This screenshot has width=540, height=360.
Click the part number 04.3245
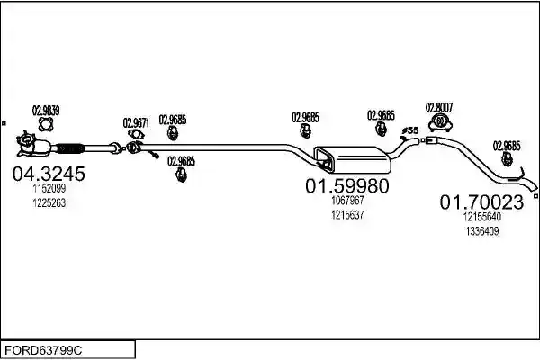(49, 174)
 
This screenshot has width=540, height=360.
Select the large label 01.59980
(347, 186)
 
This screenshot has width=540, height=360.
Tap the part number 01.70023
(481, 202)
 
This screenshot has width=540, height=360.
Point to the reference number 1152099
(49, 188)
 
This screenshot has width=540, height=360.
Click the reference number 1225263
(49, 202)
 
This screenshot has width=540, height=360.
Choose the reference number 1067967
(347, 200)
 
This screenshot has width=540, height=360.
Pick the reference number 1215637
(347, 215)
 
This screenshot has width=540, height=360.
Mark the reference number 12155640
(482, 217)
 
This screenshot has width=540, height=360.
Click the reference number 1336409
(482, 231)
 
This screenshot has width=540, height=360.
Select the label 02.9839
(46, 111)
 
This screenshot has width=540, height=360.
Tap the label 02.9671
(136, 123)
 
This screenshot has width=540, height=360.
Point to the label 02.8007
(439, 108)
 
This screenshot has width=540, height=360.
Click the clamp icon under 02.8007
(440, 123)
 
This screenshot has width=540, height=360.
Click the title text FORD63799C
(43, 350)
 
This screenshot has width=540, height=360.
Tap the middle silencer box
(352, 159)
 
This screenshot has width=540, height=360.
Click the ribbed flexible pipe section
(70, 148)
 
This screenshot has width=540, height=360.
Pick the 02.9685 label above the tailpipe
(507, 146)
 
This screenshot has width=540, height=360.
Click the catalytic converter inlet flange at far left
(26, 141)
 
